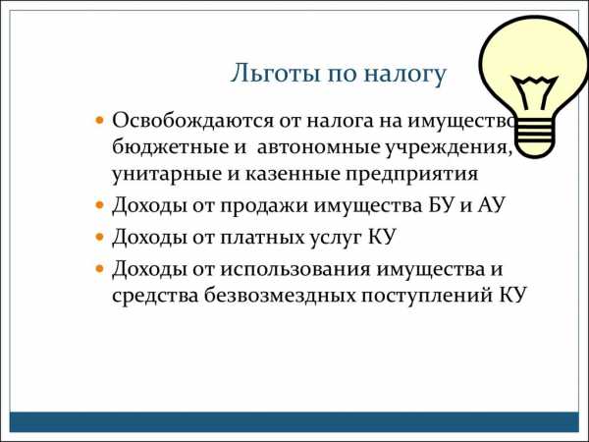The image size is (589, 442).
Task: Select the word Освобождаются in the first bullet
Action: tap(192, 121)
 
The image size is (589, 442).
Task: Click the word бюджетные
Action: tap(168, 146)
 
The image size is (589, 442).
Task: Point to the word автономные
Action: tap(318, 147)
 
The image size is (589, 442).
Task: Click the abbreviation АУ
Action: tap(490, 205)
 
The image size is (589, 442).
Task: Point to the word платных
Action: tap(261, 238)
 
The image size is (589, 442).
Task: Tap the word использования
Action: tap(294, 269)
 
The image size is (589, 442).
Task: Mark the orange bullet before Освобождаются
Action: tap(99, 121)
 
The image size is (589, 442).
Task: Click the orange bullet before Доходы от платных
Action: tap(99, 237)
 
